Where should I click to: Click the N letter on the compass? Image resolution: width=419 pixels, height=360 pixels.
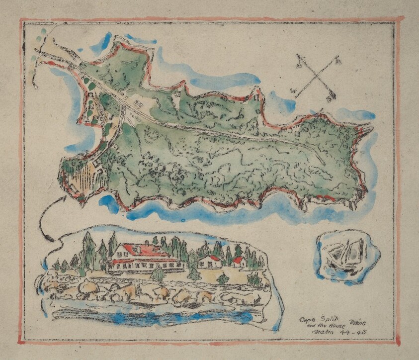click(299, 58)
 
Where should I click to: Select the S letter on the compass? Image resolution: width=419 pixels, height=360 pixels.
click(329, 99)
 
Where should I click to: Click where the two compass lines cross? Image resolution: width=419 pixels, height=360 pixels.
click(316, 76)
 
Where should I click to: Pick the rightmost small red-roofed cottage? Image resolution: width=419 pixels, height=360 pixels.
click(238, 261)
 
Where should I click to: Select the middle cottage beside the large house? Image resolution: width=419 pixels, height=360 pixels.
click(211, 261)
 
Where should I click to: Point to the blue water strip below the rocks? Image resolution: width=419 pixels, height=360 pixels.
click(149, 317)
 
